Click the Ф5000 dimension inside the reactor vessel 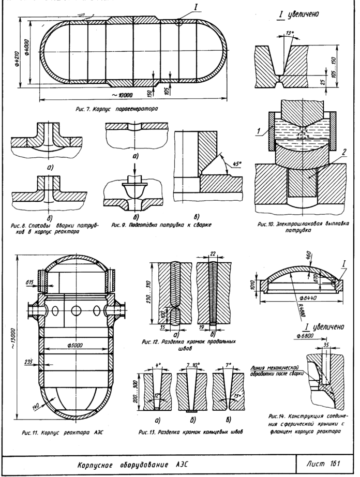76,344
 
